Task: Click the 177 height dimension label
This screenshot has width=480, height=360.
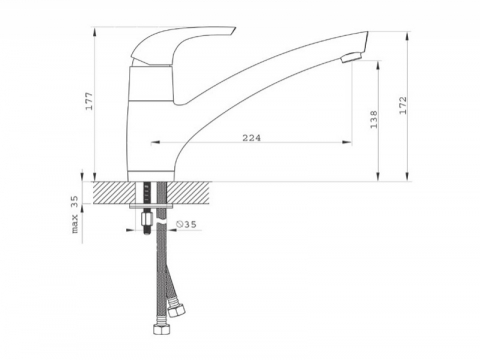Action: pyautogui.click(x=90, y=101)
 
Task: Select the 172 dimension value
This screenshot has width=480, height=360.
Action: pyautogui.click(x=403, y=105)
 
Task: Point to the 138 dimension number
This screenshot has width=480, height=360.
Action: pyautogui.click(x=374, y=119)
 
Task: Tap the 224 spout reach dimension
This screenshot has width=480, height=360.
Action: pyautogui.click(x=252, y=138)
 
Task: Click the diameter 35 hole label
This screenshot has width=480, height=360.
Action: pyautogui.click(x=186, y=224)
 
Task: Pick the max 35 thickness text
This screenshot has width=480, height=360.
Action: pyautogui.click(x=75, y=214)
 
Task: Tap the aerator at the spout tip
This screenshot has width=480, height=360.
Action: pyautogui.click(x=352, y=57)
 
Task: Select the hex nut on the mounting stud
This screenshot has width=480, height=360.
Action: pyautogui.click(x=147, y=219)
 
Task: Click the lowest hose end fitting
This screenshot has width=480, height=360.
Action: pyautogui.click(x=160, y=328)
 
